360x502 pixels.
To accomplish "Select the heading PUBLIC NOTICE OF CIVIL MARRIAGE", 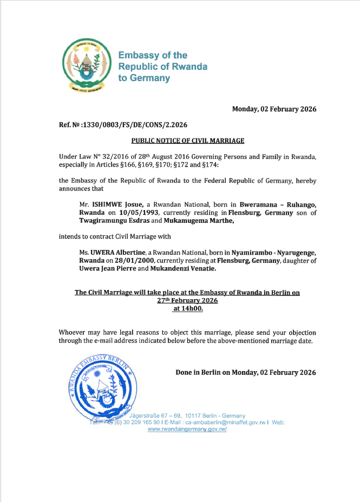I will tap(188, 141).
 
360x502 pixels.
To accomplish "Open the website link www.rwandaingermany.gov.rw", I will tap(187, 428).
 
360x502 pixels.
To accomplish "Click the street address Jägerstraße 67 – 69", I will tap(160, 415).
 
